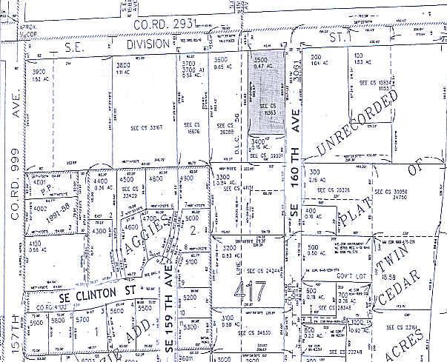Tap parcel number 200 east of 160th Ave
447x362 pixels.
[316, 57]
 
